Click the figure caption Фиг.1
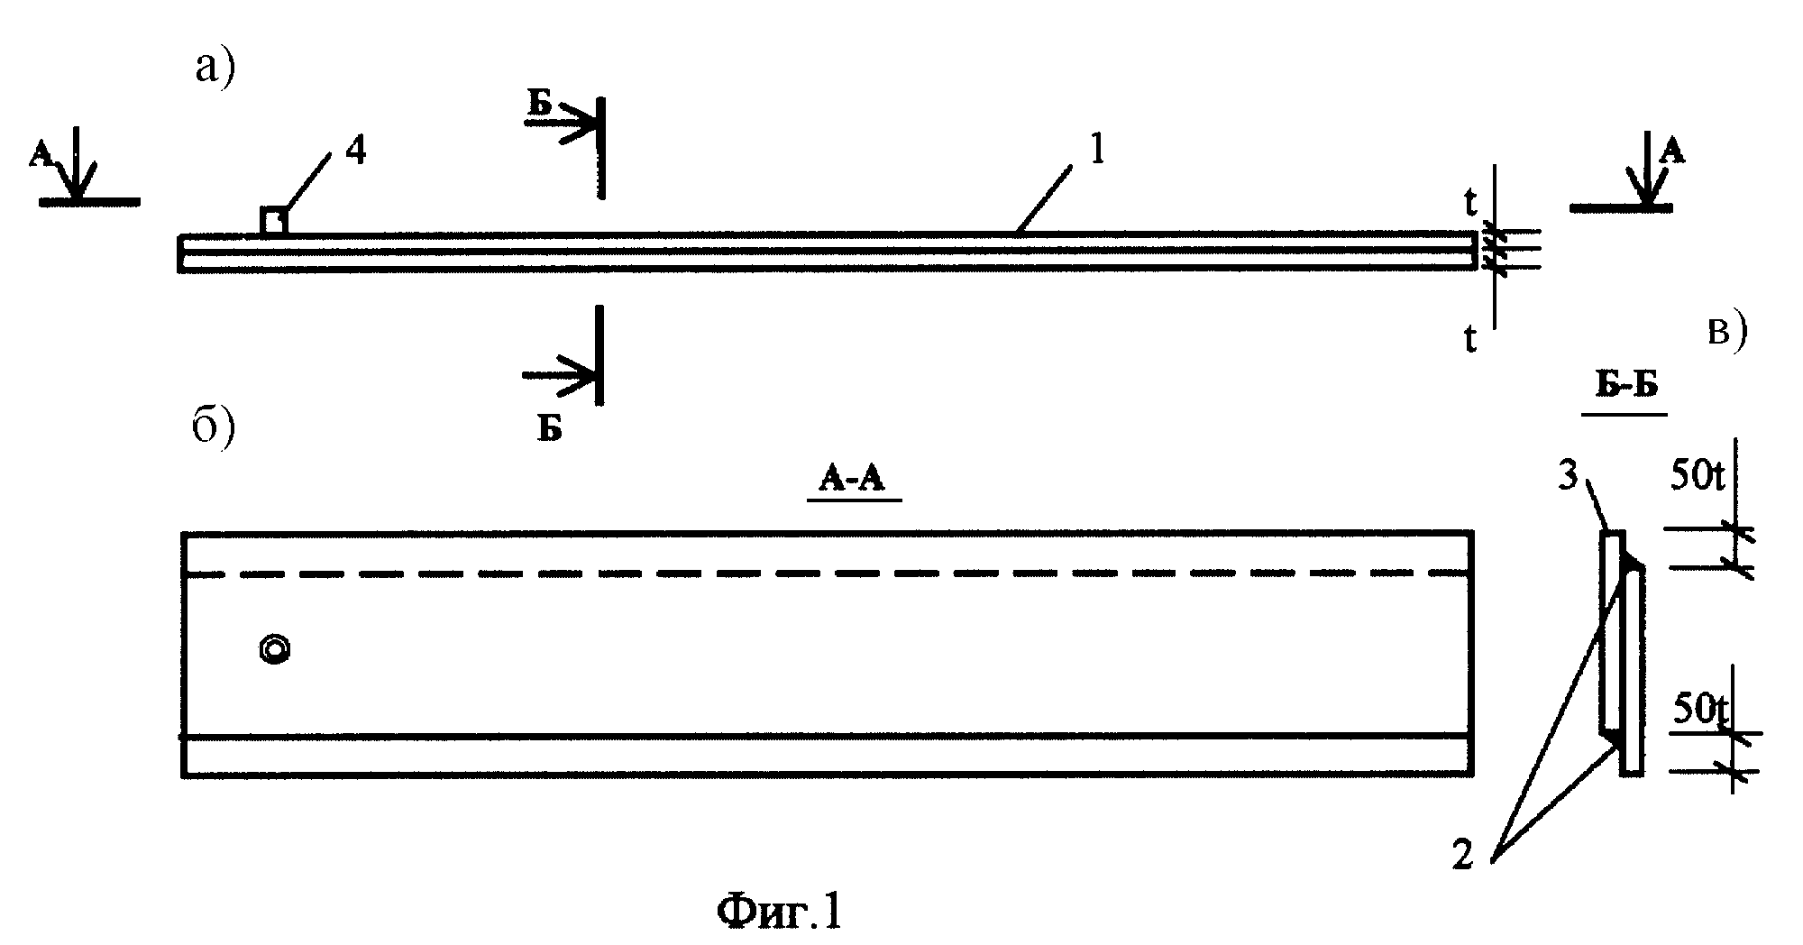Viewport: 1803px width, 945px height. coord(781,913)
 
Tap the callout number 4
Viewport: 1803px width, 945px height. coord(357,151)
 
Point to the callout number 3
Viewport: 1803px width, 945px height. coord(1569,476)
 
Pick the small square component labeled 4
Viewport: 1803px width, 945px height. coord(274,221)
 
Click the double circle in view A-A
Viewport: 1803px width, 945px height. coord(275,650)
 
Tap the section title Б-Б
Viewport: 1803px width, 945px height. coord(1624,385)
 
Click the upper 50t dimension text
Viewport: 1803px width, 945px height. coord(1698,477)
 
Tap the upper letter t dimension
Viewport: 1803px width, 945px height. coord(1470,206)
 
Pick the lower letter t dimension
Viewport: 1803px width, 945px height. coord(1470,340)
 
